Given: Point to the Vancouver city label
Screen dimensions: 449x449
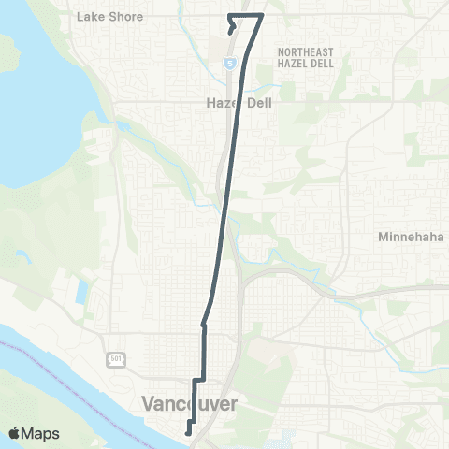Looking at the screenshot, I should (x=190, y=403).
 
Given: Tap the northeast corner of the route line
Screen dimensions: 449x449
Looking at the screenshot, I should (x=262, y=15).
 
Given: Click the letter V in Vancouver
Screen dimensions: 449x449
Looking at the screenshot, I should (x=148, y=403).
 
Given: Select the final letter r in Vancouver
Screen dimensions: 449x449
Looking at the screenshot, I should (x=234, y=403).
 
